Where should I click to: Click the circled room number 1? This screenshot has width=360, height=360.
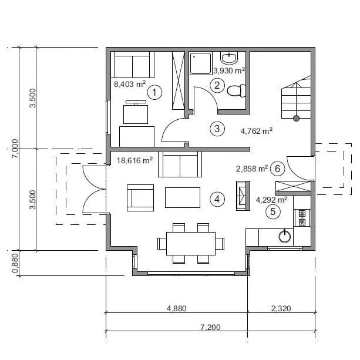[x=154, y=92]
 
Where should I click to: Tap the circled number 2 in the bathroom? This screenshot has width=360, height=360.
[x=217, y=85]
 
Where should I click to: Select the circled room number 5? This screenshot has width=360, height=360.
[x=273, y=211]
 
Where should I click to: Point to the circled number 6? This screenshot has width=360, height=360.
[x=278, y=169]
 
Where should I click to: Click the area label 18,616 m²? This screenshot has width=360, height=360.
[x=134, y=160]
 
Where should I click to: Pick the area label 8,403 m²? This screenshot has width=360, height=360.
[x=130, y=84]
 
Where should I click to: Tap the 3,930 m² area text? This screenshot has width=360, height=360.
[x=229, y=70]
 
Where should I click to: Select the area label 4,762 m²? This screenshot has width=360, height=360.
[x=257, y=131]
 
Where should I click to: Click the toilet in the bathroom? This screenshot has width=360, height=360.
[x=236, y=90]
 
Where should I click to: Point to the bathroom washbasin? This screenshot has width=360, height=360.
[x=229, y=58]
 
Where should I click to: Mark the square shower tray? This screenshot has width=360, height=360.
[x=200, y=63]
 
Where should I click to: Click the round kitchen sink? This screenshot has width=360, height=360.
[x=285, y=236]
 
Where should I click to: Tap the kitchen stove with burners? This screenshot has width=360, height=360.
[x=302, y=218]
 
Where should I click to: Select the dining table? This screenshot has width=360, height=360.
[x=191, y=243]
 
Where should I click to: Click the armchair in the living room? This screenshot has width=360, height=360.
[x=140, y=198]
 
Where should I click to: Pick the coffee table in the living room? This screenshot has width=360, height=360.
[x=183, y=197]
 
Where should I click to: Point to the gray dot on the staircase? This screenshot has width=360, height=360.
[x=296, y=119]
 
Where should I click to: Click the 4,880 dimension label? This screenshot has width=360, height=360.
[x=176, y=308]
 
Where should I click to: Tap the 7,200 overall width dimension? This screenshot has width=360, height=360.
[x=210, y=327]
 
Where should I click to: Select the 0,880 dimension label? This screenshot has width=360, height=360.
[x=15, y=263]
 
